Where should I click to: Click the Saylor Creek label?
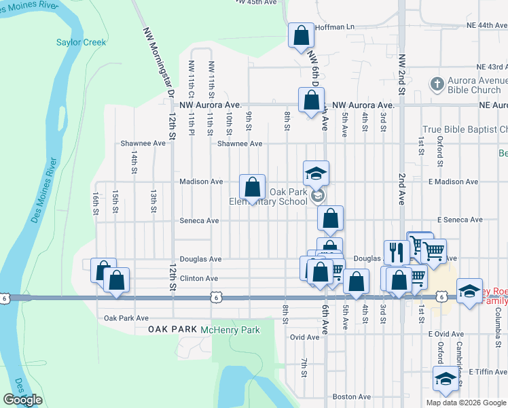pos(81,42)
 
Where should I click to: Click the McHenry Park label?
pos(230,330)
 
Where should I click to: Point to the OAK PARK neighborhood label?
pos(173,329)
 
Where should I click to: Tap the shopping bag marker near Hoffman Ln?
pos(300,35)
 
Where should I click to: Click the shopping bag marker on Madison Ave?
pos(252,186)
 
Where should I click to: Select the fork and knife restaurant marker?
pos(395,252)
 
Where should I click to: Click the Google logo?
pos(22,400)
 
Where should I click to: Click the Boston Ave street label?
pos(352,396)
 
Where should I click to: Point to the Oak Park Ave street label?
pos(126,318)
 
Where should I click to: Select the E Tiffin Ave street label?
pos(488,373)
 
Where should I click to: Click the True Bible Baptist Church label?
pos(465,129)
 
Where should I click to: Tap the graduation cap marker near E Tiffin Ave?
pos(446,378)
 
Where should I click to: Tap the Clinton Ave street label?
pos(199,278)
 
